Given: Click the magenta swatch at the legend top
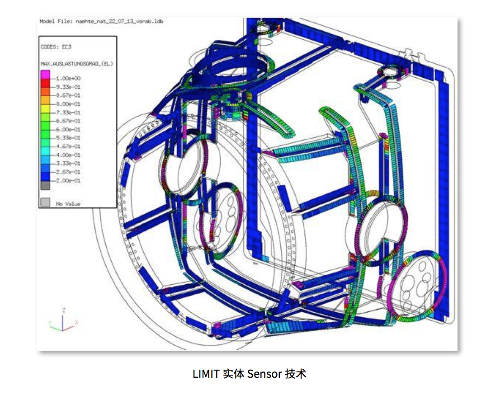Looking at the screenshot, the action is click(45, 75).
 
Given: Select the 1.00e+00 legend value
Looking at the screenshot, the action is click(68, 78).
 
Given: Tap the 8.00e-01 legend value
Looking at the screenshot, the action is click(68, 104).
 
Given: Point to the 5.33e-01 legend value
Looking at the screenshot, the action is click(68, 138).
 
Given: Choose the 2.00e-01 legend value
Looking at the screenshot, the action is click(68, 181).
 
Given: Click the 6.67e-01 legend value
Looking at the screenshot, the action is click(68, 121).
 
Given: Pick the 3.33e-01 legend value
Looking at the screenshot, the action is click(68, 164).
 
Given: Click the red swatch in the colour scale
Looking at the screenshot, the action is click(45, 83).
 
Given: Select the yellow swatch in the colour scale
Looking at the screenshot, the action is click(45, 108).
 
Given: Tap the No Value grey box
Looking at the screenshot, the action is click(45, 202).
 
